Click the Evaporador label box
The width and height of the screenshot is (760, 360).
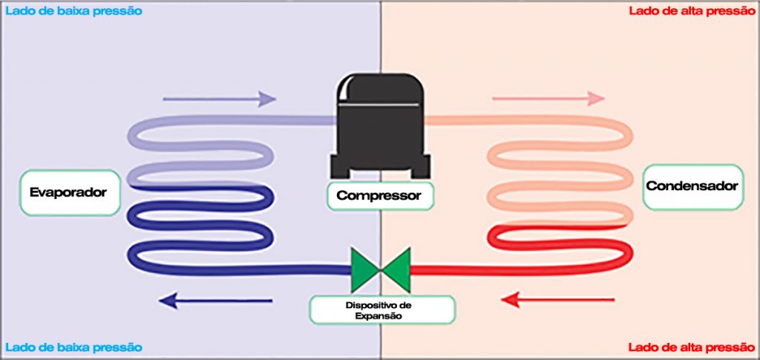(68, 193)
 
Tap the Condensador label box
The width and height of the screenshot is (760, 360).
(692, 186)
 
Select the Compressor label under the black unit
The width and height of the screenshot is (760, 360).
(379, 196)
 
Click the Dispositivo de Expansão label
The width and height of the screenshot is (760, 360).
(383, 310)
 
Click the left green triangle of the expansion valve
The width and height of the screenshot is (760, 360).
(364, 269)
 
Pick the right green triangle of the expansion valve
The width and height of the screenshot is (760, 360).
(397, 269)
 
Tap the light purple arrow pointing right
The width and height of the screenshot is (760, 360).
(219, 99)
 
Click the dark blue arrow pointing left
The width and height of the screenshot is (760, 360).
(216, 301)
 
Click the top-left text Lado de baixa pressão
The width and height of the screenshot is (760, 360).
(73, 11)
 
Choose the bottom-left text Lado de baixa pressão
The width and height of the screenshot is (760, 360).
(73, 347)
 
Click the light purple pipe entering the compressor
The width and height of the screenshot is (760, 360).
(297, 120)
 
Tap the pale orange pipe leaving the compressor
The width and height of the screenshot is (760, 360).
(460, 120)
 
